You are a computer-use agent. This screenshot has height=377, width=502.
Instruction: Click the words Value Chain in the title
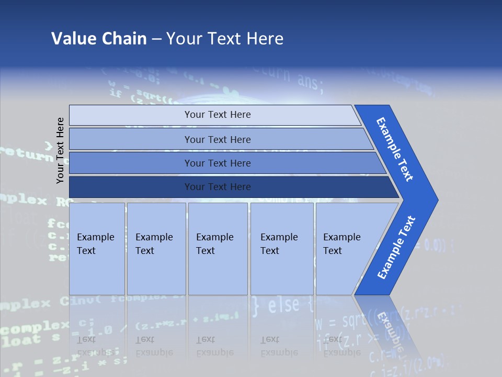point(99,38)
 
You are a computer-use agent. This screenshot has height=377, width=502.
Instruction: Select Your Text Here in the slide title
point(225,38)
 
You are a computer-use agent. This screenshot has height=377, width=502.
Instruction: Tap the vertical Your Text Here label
point(61,150)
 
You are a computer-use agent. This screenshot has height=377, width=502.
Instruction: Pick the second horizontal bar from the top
point(217,139)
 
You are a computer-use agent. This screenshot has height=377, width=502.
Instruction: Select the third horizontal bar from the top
point(217,163)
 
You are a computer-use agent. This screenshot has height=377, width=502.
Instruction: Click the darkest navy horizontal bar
point(217,187)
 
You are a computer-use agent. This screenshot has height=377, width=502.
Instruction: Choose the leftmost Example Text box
point(97,248)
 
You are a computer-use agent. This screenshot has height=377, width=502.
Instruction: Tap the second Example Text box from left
point(156,248)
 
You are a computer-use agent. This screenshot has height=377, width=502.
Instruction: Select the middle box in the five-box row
point(218,248)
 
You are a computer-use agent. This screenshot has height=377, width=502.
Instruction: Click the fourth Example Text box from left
point(282,248)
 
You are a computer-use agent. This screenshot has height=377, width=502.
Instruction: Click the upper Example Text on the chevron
point(395,149)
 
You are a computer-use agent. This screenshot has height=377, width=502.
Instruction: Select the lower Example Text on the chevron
point(396,248)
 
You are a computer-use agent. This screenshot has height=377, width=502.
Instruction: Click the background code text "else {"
point(282,305)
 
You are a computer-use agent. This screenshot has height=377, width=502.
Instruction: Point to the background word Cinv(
point(78,301)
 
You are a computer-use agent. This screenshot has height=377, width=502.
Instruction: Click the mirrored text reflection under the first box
point(96,346)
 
